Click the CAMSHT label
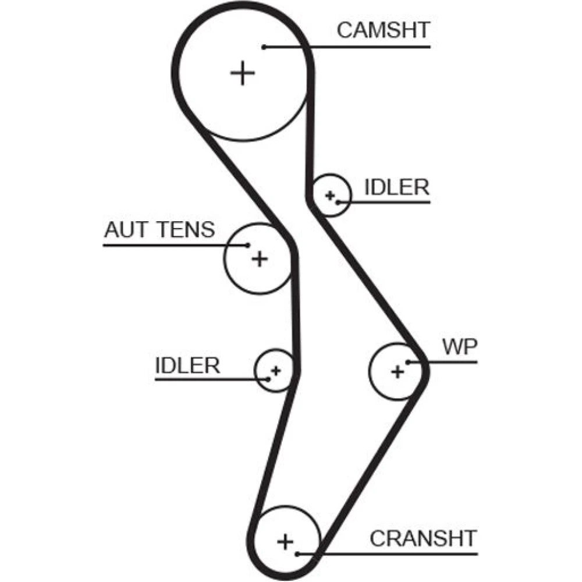383,30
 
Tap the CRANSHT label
423,538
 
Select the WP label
459,347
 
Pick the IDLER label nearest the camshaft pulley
396,187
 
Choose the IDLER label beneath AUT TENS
187,365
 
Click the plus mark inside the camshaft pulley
242,73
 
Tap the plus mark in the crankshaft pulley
285,541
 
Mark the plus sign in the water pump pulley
398,371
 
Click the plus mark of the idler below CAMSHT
330,195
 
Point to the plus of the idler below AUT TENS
276,370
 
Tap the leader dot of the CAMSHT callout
264,47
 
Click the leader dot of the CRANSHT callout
297,554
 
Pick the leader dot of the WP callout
409,362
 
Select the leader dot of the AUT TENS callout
248,245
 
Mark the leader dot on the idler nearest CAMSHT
338,202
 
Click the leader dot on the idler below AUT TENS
268,379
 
